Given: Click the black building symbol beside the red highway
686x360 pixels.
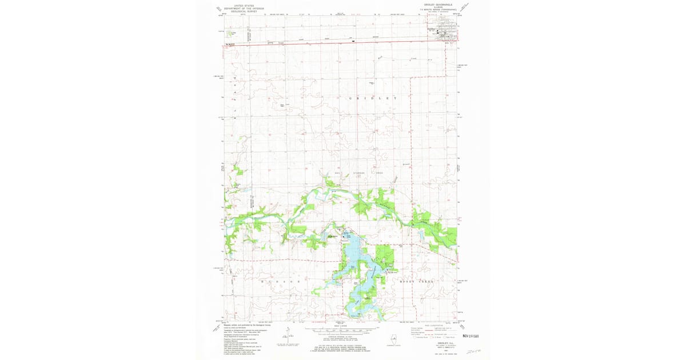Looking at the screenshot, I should click(353, 41).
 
